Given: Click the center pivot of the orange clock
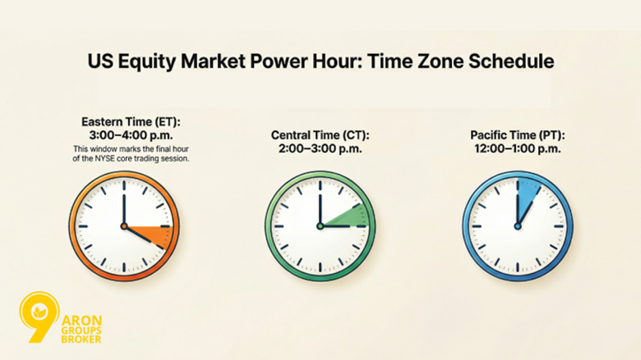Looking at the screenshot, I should (124, 226).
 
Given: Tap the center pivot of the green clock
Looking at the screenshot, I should (319, 226).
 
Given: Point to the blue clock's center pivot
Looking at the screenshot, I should (517, 226).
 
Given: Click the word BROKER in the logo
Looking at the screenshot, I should (81, 339).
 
